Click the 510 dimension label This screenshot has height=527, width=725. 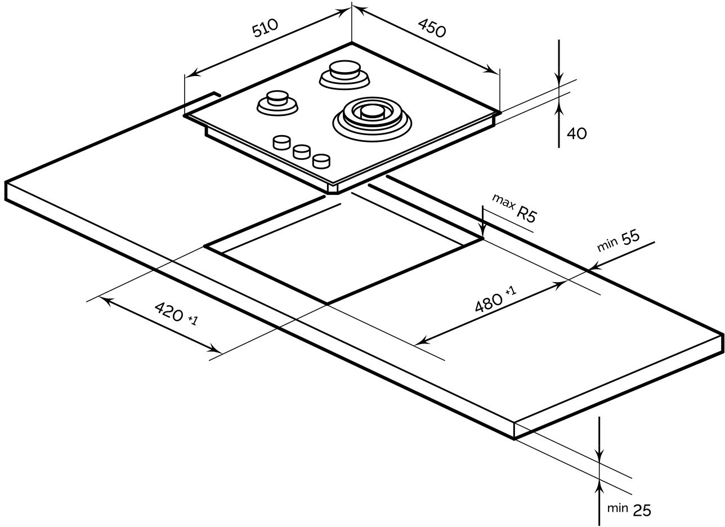tap(264, 28)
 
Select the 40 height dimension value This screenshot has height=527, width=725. tap(576, 133)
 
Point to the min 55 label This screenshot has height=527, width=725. tap(618, 240)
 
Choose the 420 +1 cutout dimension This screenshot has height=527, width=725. tap(176, 313)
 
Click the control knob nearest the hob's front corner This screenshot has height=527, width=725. tap(321, 161)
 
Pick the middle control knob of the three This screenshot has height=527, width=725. tap(302, 151)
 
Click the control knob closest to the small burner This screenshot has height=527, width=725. tap(281, 142)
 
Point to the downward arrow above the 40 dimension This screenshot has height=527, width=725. tap(558, 79)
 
